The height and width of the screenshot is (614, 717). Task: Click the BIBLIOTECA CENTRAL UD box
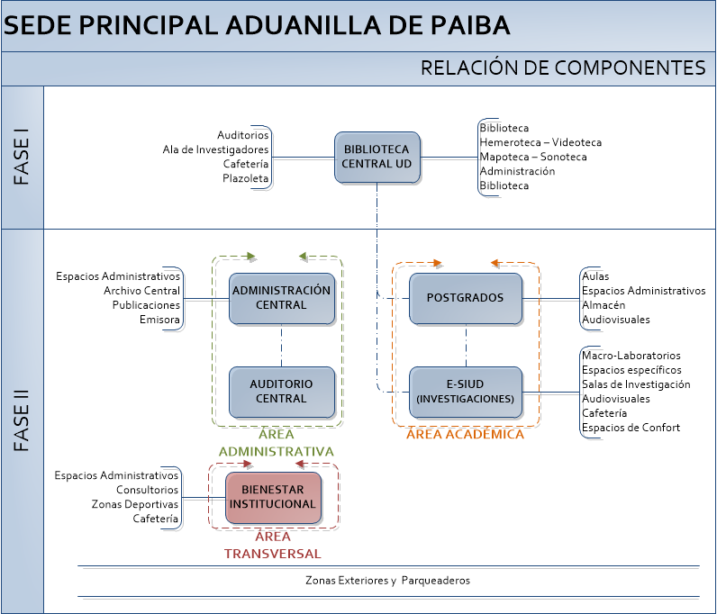(377, 158)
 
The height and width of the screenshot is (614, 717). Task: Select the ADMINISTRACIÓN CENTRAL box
(282, 299)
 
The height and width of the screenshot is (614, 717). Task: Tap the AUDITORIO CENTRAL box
(282, 392)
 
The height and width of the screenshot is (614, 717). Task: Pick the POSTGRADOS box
(466, 299)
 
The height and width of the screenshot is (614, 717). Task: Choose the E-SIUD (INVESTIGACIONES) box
(466, 392)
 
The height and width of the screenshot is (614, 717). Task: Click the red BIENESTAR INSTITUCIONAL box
(273, 498)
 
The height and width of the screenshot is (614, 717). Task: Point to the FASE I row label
(22, 157)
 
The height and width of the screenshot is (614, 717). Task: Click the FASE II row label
(22, 420)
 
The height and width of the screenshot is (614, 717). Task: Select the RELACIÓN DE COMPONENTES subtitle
(563, 68)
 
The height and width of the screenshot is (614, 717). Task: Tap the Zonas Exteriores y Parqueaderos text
(387, 581)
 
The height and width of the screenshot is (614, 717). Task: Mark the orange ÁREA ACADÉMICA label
(465, 434)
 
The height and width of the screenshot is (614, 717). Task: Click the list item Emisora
(159, 320)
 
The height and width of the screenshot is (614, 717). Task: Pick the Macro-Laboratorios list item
(631, 356)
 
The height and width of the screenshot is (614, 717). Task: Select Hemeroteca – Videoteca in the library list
(540, 142)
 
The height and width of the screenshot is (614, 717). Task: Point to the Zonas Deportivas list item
(135, 504)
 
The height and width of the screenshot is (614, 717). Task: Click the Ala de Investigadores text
(215, 149)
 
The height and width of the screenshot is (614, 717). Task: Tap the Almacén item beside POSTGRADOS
(604, 305)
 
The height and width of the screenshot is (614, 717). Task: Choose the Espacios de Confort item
(631, 428)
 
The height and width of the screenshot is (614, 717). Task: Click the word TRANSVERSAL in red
(273, 554)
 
